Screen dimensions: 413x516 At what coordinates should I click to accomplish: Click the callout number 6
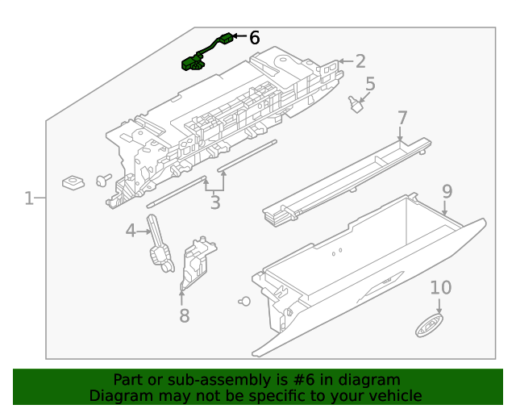pos(254,38)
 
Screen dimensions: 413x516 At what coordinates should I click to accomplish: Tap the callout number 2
pos(360,60)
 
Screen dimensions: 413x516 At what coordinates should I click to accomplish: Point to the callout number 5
pos(370,84)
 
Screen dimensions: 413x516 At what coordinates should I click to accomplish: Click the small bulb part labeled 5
pos(355,104)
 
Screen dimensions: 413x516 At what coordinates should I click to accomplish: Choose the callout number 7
pos(402,119)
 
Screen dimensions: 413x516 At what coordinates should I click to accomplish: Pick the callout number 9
pos(447,191)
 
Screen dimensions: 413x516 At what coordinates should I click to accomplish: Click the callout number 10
pos(440,288)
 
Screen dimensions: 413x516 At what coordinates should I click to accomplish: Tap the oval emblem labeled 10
pos(427,327)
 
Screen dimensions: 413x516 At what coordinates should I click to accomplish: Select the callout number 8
pos(184,316)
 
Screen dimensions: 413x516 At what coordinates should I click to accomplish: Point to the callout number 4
pos(131,232)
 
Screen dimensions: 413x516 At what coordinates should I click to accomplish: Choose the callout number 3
pos(214,202)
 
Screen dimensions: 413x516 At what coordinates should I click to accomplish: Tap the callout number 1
pos(29,198)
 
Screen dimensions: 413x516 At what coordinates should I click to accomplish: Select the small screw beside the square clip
pos(103,179)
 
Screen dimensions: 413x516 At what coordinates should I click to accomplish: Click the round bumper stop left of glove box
pos(244,301)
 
